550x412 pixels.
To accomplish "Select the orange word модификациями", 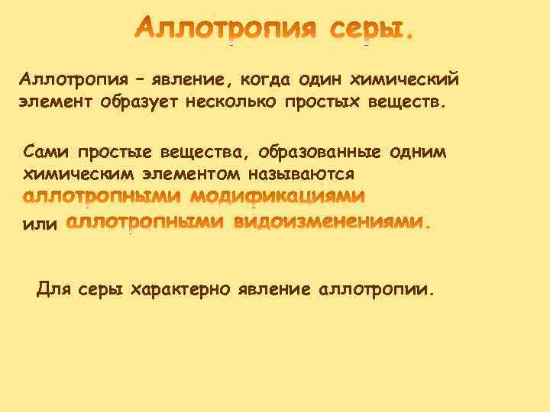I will pyautogui.click(x=277, y=198).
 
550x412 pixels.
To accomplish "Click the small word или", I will pyautogui.click(x=39, y=224).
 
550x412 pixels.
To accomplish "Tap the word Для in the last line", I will pyautogui.click(x=51, y=289).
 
